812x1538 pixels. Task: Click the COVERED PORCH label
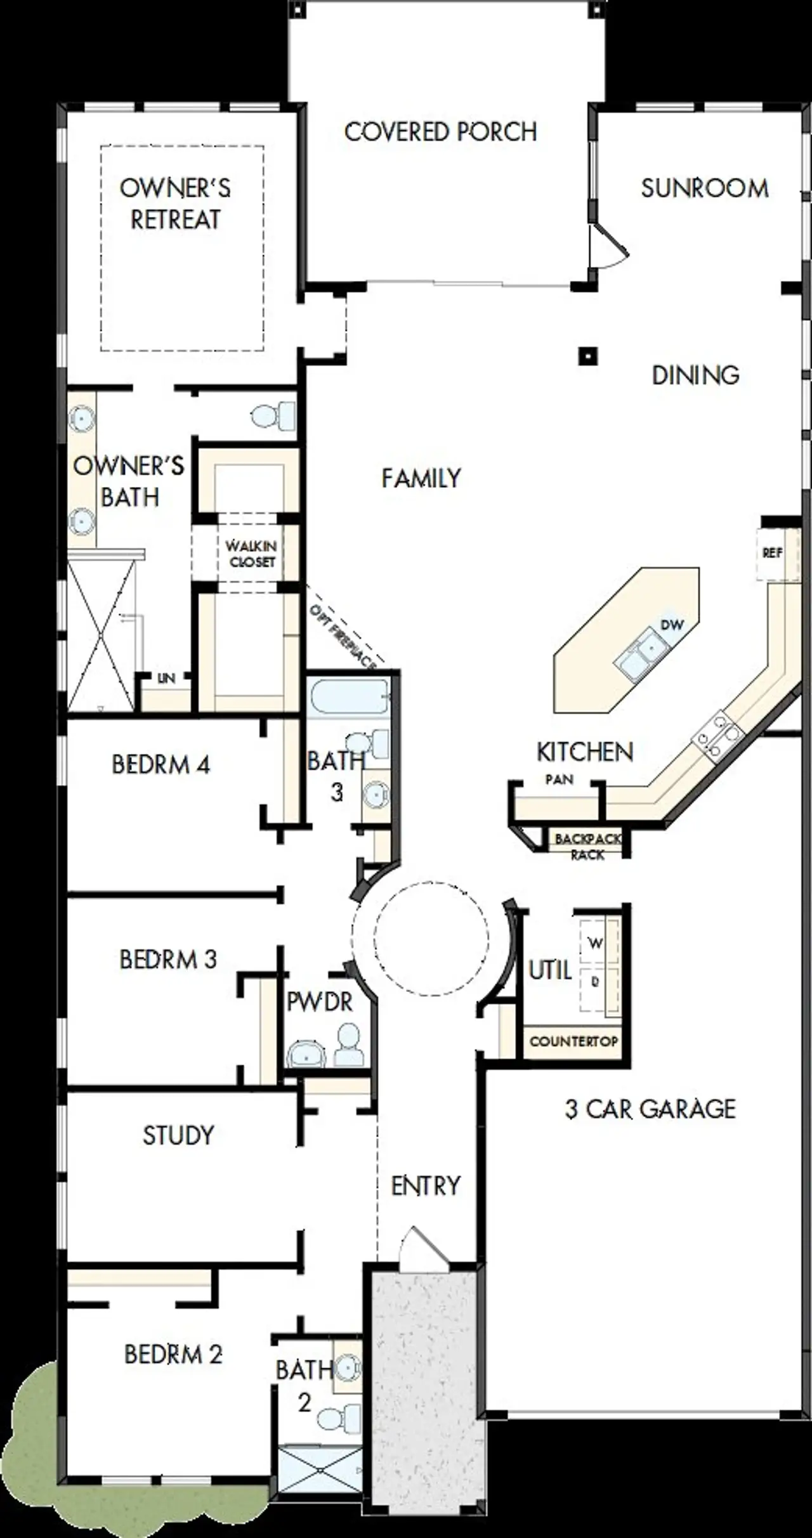coord(440,131)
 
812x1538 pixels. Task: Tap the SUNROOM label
coord(704,188)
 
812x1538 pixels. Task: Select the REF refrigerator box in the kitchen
coord(772,553)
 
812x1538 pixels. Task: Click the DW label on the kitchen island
coord(672,625)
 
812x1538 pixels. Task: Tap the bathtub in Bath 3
coord(348,697)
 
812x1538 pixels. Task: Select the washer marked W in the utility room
coord(595,944)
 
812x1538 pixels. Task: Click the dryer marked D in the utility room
coord(595,982)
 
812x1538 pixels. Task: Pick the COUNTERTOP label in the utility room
coord(573,1041)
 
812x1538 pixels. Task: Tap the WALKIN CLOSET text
coord(252,554)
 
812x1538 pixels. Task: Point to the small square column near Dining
coord(589,356)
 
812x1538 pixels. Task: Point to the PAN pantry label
coord(559,779)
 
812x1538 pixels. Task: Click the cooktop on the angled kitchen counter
coord(717,736)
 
